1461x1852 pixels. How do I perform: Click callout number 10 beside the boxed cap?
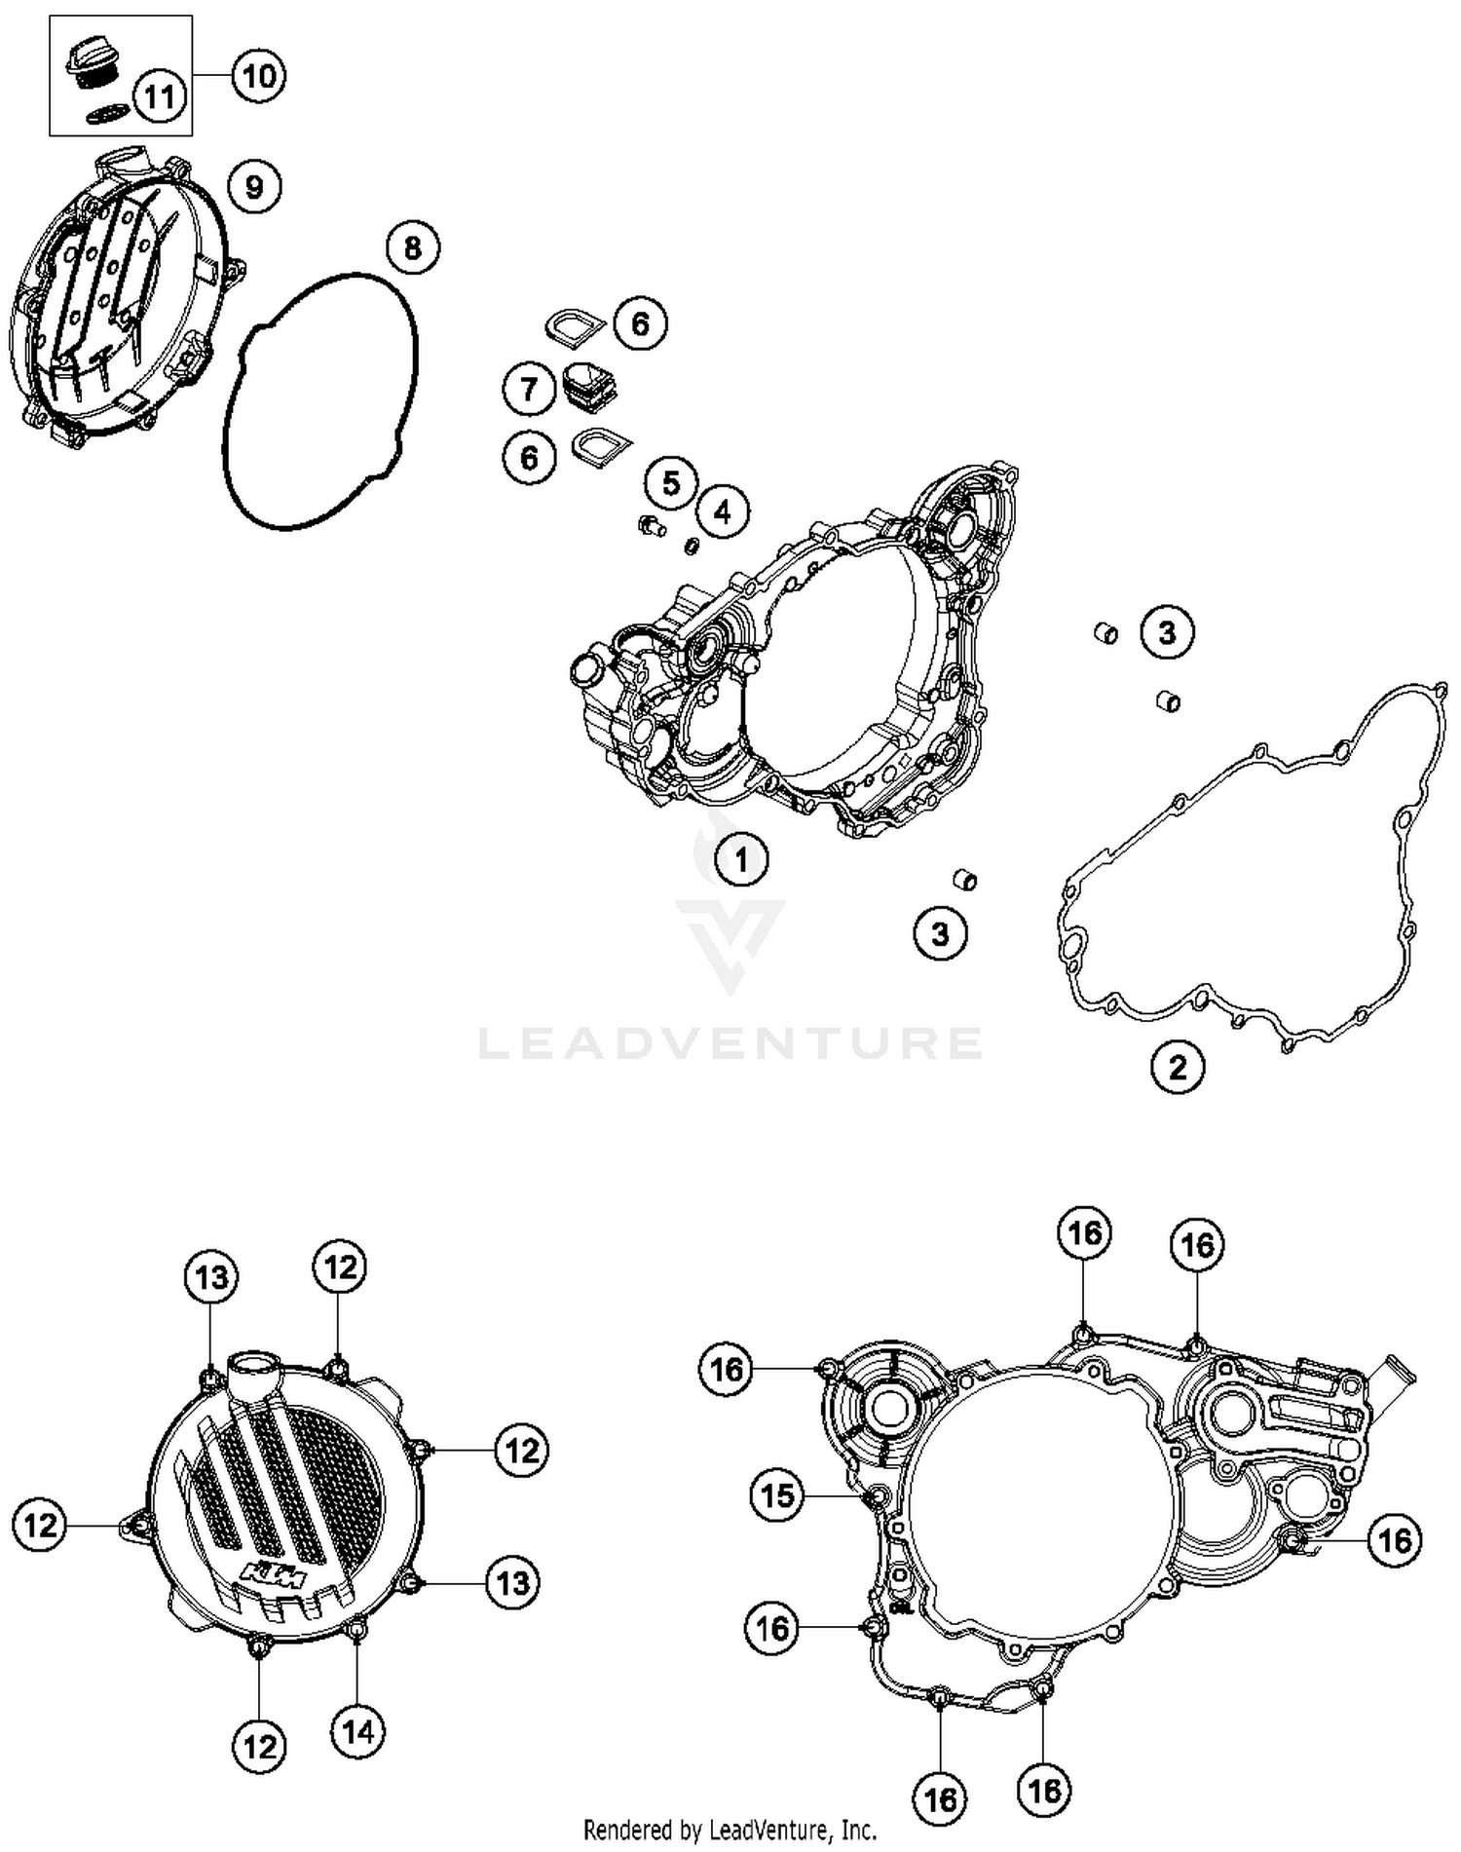coord(259,75)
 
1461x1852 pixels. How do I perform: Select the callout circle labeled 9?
coord(254,186)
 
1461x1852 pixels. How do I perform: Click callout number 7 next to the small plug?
coord(529,390)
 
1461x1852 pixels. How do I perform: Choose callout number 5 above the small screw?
coord(671,482)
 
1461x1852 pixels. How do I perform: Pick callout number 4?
coord(722,510)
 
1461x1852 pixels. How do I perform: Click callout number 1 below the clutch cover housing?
coord(741,859)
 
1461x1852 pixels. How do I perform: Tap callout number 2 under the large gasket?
coord(1178,1067)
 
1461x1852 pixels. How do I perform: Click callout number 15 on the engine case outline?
coord(777,1494)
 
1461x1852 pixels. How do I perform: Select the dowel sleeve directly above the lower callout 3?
coord(964,880)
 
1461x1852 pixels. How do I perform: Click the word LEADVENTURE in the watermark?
coord(730,1042)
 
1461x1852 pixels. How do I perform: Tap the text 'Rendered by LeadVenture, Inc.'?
coord(730,1830)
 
